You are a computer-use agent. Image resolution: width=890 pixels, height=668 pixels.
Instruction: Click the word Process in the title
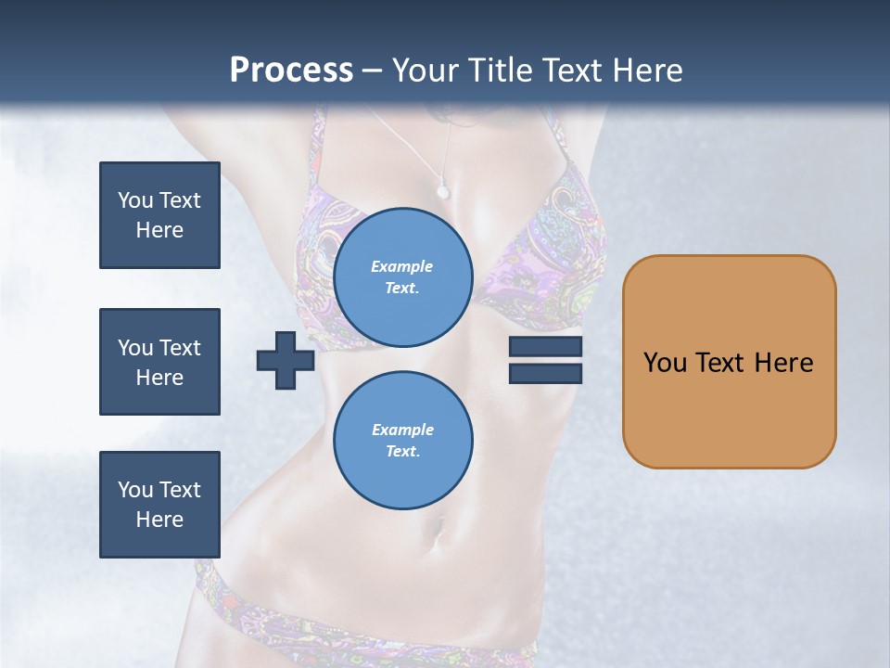pos(291,71)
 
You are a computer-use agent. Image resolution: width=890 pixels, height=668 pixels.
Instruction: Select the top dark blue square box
pos(159,215)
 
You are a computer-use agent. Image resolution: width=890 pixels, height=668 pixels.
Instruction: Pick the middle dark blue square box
pos(159,362)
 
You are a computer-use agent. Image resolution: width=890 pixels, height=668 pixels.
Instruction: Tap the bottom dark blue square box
pos(159,505)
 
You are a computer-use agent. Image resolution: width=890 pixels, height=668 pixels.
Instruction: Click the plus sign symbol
pos(286,360)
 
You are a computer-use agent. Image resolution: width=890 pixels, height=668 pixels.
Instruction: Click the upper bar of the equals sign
pos(545,347)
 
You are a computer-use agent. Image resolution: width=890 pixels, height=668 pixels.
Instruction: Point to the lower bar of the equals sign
pos(545,373)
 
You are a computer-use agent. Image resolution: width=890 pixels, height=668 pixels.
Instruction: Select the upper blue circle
pos(403,277)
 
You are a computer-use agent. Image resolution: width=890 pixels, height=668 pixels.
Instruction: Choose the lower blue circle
pos(403,441)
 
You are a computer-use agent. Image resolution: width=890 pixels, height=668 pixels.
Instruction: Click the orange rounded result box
pos(729,408)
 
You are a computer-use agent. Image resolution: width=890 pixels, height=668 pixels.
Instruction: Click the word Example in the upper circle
pos(402,266)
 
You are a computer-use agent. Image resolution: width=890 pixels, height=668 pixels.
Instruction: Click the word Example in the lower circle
pos(402,430)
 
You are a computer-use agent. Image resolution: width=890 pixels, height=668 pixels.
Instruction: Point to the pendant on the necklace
pos(442,192)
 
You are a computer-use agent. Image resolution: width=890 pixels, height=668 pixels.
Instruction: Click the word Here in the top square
pos(159,230)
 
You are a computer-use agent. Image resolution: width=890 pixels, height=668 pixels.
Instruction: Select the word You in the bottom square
pos(135,490)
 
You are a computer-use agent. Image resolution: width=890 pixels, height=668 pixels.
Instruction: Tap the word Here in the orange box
pos(783,362)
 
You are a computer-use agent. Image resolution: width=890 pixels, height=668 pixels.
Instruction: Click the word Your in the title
pos(428,71)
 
